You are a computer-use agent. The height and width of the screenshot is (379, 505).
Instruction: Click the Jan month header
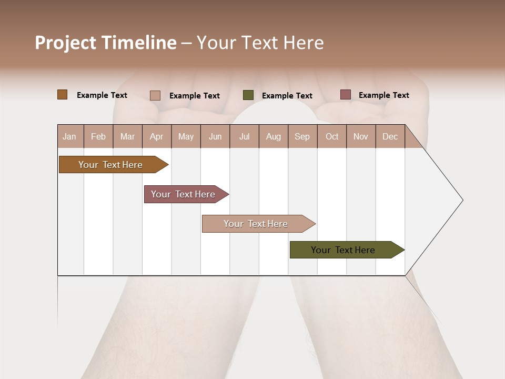coord(69,136)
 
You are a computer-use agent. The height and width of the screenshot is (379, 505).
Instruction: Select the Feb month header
coord(98,136)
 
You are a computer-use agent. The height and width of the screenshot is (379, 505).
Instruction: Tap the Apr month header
coord(156,136)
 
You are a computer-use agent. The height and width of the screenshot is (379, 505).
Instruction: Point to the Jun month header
coord(215,136)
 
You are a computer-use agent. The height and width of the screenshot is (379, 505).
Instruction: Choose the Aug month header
coord(273,136)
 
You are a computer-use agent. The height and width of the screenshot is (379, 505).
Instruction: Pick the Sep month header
coord(302,136)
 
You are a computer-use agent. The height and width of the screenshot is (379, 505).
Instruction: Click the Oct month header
coord(332,136)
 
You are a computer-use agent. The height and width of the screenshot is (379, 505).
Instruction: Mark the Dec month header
coord(390,136)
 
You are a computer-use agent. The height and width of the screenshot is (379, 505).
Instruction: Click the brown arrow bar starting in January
coord(110,165)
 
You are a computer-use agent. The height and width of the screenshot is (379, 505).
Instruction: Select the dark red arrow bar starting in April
coord(183,194)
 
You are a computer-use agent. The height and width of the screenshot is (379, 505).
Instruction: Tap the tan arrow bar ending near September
coord(256,224)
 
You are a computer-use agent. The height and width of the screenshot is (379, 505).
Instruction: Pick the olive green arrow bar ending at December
coord(343,250)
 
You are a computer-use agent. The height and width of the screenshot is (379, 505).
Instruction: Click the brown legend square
coord(62,95)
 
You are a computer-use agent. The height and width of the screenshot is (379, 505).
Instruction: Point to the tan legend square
coord(155,95)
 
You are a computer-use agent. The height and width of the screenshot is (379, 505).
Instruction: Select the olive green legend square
coord(248,95)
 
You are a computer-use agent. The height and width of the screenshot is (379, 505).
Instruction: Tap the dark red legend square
coord(346,95)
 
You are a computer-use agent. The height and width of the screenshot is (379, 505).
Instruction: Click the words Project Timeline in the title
coord(105,43)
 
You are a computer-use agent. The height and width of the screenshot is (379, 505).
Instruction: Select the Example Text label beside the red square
coord(383,95)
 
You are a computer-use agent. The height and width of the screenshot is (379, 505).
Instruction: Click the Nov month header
coord(361,136)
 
